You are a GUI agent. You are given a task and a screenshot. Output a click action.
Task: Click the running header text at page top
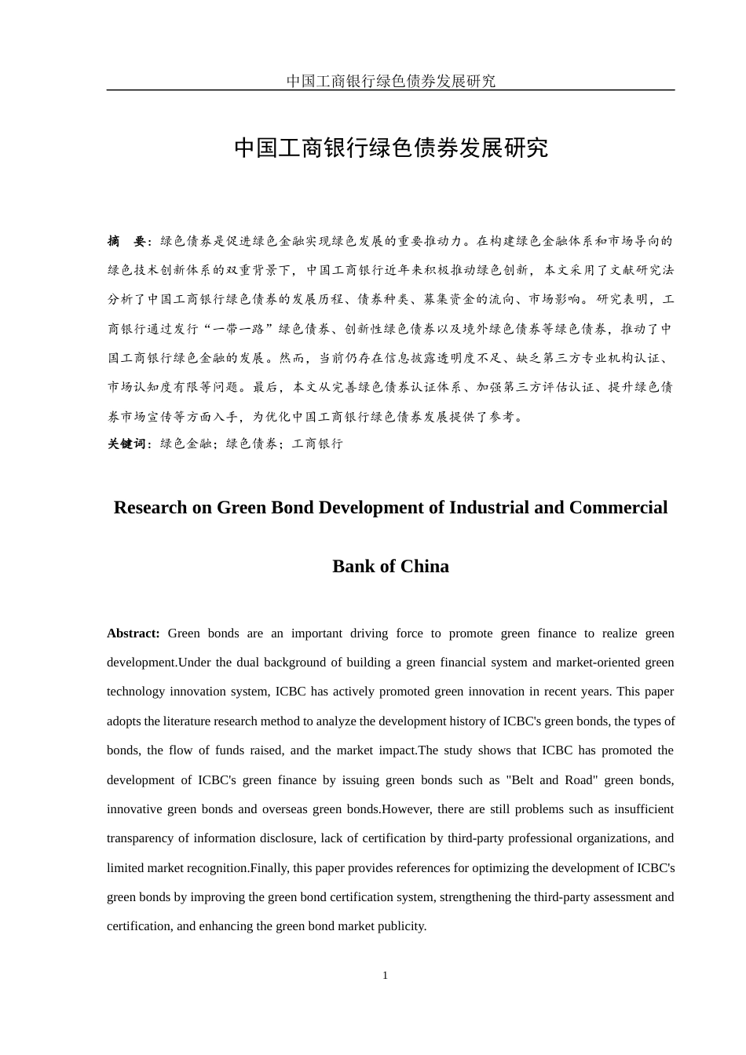coord(390,81)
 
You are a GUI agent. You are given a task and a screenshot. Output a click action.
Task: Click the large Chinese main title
coord(390,148)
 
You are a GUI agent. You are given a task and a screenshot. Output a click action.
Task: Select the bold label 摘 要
coord(126,241)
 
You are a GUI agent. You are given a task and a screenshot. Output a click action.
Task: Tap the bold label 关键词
coord(126,444)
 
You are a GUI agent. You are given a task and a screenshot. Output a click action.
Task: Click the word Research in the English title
coord(150,507)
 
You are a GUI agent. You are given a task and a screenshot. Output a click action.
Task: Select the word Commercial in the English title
coord(618,507)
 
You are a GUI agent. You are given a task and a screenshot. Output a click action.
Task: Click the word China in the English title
coord(424,566)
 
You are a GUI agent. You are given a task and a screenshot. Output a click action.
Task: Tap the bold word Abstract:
coord(133,633)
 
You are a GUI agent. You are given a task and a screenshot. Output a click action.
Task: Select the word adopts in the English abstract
coord(123,721)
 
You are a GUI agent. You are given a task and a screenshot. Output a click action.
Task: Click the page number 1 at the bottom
coord(385,976)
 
